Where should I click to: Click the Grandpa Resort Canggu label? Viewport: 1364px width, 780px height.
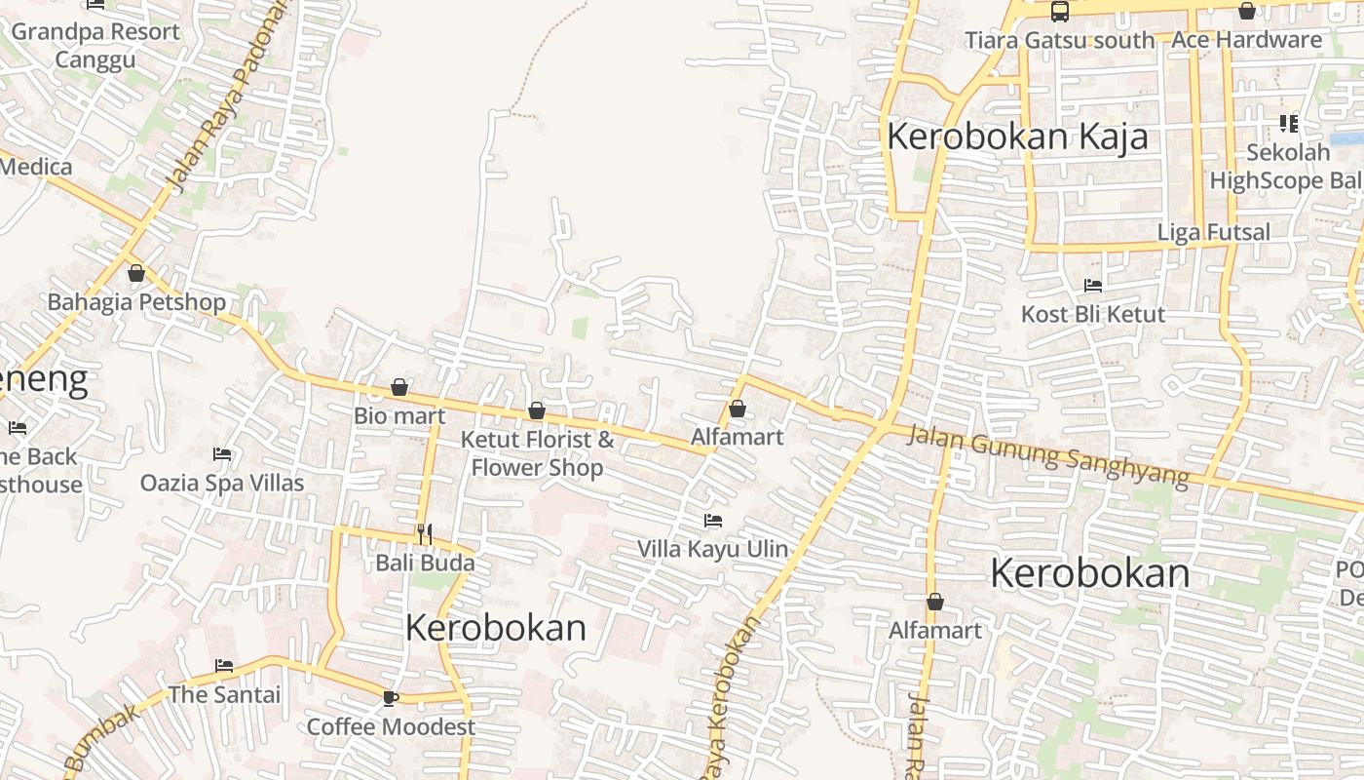[x=95, y=45]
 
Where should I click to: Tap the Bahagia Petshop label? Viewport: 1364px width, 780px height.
[x=136, y=302]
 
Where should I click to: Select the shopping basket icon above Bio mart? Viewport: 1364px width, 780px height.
[x=398, y=388]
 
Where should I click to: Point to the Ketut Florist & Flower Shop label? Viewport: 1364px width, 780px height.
[x=537, y=453]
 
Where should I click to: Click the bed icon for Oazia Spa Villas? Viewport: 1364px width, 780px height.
[x=222, y=454]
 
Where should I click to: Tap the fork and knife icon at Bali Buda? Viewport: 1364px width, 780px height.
[x=424, y=533]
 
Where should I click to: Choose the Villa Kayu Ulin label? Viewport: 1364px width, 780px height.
[x=712, y=549]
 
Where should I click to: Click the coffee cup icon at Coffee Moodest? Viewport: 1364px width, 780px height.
[x=391, y=698]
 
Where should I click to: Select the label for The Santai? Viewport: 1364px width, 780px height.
[x=224, y=694]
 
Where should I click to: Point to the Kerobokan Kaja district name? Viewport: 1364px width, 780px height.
[x=1017, y=136]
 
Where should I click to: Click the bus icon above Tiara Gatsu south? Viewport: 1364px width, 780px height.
[x=1059, y=12]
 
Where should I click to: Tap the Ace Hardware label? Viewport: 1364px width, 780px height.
[x=1246, y=40]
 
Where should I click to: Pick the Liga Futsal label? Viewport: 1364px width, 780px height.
[x=1213, y=232]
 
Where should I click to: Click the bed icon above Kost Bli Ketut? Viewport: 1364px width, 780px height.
[x=1093, y=286]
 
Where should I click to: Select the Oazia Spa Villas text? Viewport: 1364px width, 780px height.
[x=222, y=483]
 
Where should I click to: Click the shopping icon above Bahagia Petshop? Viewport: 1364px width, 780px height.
[x=136, y=273]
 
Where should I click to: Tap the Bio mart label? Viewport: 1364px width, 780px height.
[x=399, y=416]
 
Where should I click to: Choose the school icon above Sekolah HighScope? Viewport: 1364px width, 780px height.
[x=1288, y=124]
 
